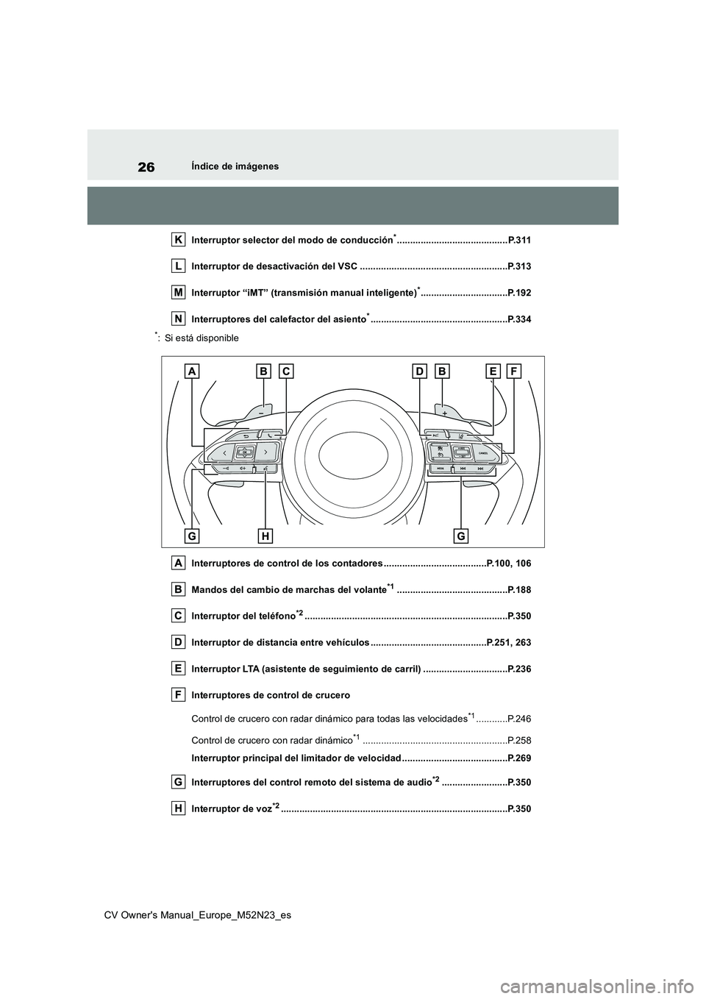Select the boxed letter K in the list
[x=179, y=239]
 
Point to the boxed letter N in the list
[x=179, y=318]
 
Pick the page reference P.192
[x=519, y=293]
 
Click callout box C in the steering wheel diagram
[x=285, y=372]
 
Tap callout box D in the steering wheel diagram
[x=419, y=372]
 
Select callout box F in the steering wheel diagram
[x=513, y=372]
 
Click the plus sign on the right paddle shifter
[x=445, y=413]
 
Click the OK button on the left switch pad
[x=245, y=452]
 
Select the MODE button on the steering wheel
[x=439, y=468]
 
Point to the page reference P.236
[x=519, y=669]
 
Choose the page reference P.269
[x=519, y=758]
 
